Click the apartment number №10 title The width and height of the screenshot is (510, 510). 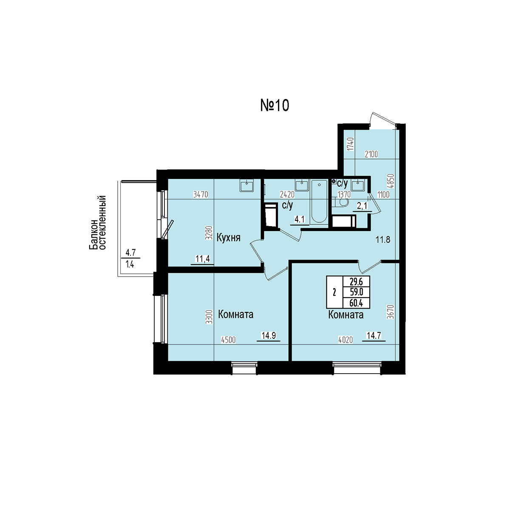275,105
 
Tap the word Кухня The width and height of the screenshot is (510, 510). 228,238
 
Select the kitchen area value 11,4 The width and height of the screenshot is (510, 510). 202,258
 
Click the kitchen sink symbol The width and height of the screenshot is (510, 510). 246,185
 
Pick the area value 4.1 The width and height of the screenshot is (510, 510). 300,219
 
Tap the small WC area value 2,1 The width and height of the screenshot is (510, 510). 363,206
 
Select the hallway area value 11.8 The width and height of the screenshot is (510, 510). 383,240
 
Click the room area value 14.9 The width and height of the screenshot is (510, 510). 269,336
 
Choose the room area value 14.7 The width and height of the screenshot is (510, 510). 374,336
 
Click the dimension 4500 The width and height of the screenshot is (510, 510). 228,340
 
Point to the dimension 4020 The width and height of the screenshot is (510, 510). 346,340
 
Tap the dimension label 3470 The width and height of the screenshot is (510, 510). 201,195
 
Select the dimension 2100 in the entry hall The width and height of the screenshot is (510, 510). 371,154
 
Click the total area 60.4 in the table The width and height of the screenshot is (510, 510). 356,303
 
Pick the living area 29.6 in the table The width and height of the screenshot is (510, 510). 356,282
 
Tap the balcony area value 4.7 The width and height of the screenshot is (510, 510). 130,253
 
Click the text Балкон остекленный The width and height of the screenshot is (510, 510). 98,223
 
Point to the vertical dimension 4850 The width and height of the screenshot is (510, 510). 392,181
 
